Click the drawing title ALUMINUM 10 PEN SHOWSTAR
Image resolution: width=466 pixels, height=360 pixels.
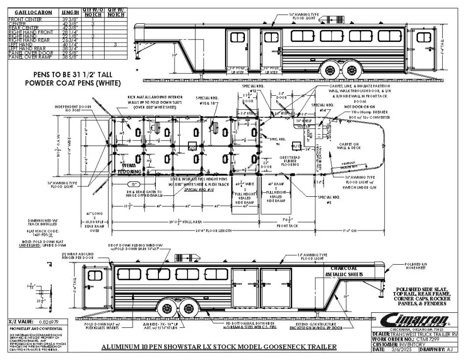(x=212, y=347)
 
